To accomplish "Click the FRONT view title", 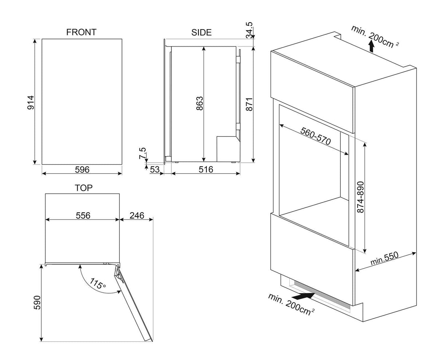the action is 81,32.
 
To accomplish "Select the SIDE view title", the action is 201,32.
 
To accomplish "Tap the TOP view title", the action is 84,188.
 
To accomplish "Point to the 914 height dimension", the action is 31,103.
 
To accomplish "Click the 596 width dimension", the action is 82,170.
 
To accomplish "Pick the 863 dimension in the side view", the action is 200,103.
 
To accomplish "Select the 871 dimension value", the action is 249,104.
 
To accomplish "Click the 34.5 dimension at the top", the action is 249,30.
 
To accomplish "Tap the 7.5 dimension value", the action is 142,153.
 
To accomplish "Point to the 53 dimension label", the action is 155,170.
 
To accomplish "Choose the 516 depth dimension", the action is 206,170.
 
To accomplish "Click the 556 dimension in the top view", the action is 83,215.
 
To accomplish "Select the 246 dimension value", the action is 137,215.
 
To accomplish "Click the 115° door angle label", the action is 98,284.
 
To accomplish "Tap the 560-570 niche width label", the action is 316,136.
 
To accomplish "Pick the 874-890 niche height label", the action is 361,197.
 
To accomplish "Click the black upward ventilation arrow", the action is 371,47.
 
